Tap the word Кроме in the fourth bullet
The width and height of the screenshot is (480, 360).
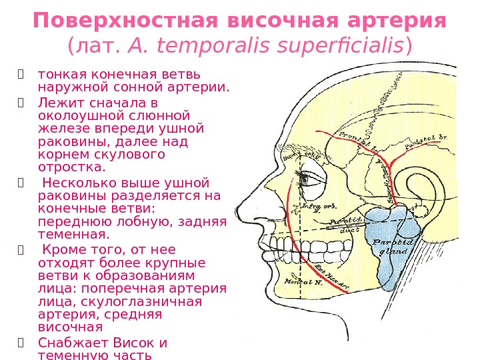tap(65, 250)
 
